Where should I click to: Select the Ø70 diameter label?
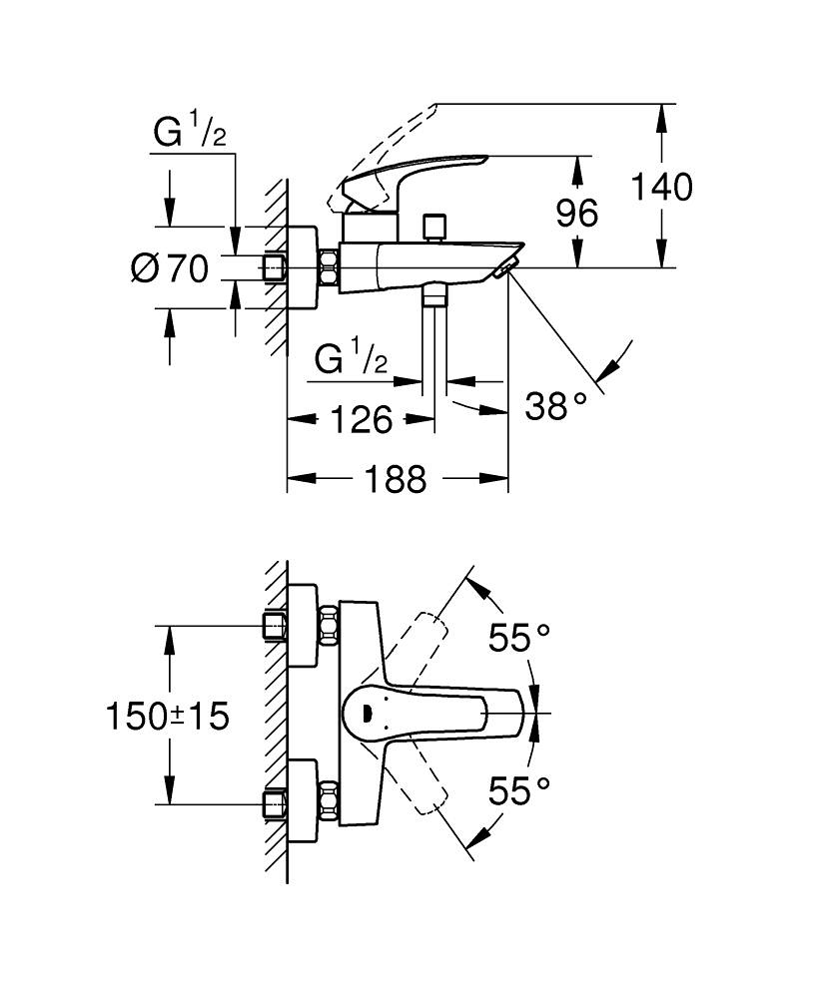tap(170, 267)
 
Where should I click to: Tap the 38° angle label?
tap(555, 405)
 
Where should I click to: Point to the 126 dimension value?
tap(361, 421)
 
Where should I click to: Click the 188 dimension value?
tap(395, 479)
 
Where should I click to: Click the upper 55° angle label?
tap(519, 638)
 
